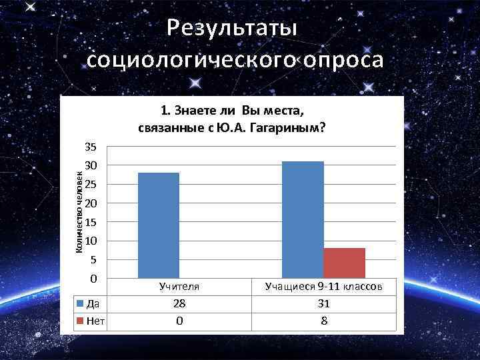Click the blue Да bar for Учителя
159,225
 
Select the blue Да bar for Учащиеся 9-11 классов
303,219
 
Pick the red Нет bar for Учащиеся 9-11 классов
345,263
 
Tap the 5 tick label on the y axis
93,260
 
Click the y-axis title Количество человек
78,213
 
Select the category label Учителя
179,287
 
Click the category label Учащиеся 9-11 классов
323,287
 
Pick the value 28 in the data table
179,303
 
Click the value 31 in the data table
323,303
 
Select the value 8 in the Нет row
323,321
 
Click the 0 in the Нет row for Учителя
179,321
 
